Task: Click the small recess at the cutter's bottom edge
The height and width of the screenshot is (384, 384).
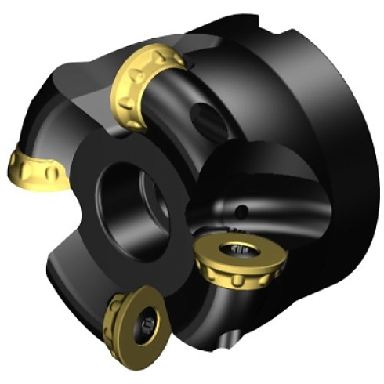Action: [228, 339]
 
